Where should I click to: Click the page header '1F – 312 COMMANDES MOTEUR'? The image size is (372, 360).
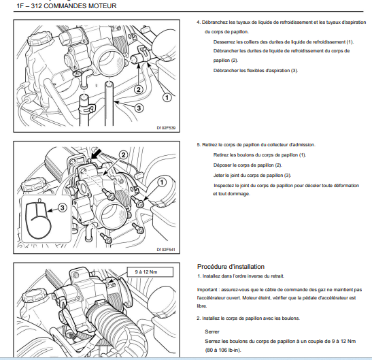(x=67, y=6)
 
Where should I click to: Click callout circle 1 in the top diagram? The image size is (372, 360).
(x=167, y=97)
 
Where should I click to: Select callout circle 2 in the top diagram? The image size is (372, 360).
(x=139, y=90)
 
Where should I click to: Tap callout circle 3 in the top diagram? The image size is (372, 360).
(x=139, y=108)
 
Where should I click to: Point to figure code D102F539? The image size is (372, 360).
(x=166, y=128)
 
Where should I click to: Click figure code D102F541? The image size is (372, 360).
(x=166, y=250)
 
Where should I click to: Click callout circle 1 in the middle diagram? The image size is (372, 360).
(x=162, y=182)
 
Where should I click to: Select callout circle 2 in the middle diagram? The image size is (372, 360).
(x=123, y=155)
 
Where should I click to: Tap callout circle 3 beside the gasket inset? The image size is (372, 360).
(x=62, y=208)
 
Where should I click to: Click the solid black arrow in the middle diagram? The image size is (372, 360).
(x=97, y=154)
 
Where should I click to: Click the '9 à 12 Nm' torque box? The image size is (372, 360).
(x=150, y=272)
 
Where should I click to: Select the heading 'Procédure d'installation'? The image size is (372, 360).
(x=231, y=267)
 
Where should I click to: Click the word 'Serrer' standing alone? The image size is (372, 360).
(x=212, y=331)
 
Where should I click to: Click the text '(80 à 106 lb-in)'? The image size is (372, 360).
(x=223, y=350)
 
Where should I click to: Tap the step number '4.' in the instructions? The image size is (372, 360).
(x=199, y=22)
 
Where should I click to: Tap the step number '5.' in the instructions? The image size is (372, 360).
(x=199, y=145)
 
